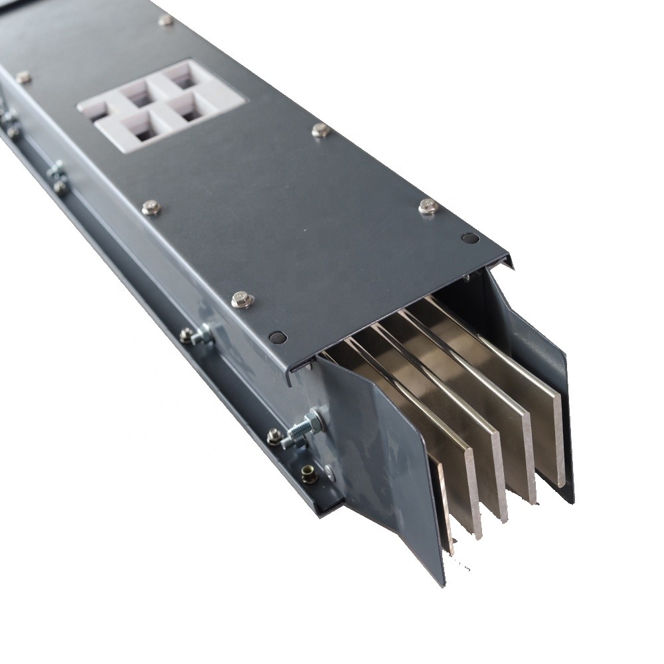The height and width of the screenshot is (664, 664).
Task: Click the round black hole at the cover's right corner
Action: pos(470,238)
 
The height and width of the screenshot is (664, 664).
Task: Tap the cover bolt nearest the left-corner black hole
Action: pos(242,299)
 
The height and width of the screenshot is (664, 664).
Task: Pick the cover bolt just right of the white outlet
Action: pos(321,130)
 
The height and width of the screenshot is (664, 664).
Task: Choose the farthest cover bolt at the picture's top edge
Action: pos(165,21)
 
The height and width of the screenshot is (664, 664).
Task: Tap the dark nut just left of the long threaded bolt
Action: pos(274,436)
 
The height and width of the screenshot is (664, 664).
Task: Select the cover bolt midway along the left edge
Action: pos(151,208)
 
